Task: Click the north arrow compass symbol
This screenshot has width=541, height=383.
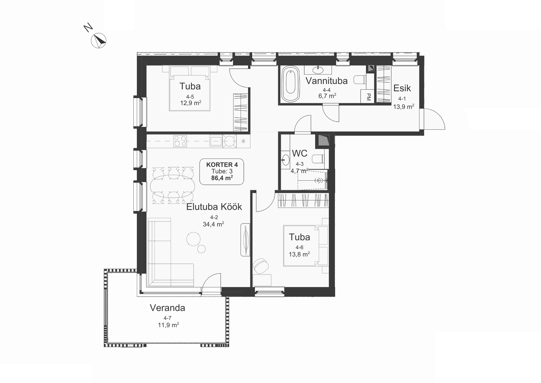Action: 98,41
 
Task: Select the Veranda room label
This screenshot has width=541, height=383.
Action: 167,308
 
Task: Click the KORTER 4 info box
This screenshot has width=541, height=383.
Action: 222,172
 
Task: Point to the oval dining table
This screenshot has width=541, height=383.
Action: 173,186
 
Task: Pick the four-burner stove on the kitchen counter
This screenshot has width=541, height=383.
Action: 180,141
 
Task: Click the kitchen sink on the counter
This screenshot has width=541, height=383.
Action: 216,141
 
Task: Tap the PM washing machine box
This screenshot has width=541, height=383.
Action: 367,96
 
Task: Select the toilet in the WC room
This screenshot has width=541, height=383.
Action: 318,159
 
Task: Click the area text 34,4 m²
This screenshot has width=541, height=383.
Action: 213,224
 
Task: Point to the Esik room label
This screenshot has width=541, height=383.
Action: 402,88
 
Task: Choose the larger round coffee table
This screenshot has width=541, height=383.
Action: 193,239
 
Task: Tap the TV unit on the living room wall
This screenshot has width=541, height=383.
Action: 245,240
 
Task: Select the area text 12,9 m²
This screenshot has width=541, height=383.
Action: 191,103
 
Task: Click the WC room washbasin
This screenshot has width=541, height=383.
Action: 285,160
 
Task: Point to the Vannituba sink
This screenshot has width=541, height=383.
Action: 318,70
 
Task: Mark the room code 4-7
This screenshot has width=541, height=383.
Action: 167,318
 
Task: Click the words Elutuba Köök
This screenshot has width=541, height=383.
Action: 214,207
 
